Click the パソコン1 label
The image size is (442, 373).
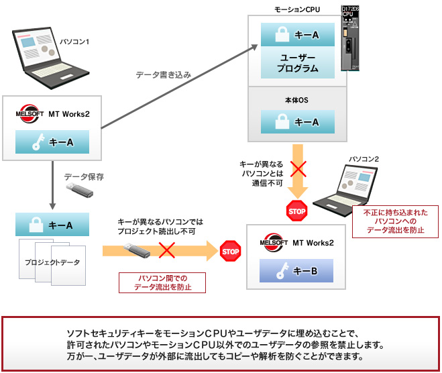coord(74,42)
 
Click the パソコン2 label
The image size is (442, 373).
coord(364,159)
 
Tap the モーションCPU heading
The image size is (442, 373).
coord(296,9)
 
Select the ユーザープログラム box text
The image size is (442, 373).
coord(297,63)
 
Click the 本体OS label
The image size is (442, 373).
coord(296,100)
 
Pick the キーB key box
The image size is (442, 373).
coord(297,270)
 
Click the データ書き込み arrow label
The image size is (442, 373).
coord(163,75)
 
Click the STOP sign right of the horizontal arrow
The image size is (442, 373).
coord(230,252)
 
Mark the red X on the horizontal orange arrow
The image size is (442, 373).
coord(166,251)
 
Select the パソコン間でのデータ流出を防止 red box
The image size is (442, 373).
coord(162,282)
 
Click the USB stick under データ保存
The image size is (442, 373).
coord(78,191)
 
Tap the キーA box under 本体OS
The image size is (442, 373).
coord(297,122)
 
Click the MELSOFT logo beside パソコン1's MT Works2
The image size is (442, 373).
coord(29,113)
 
